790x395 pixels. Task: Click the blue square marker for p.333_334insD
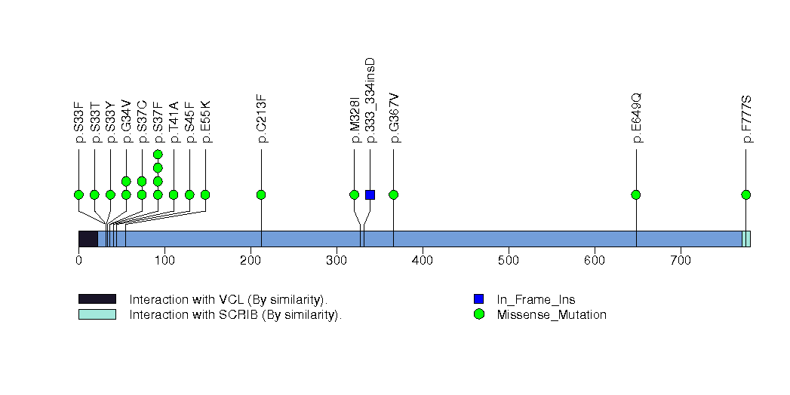(370, 194)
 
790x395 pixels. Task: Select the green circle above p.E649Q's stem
(636, 194)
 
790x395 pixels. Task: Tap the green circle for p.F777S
(746, 194)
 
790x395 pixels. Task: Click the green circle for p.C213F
(261, 194)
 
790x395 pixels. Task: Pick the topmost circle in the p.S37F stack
(158, 155)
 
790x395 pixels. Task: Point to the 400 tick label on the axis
(423, 261)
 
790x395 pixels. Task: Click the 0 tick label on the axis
(78, 261)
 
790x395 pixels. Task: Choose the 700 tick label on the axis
(681, 261)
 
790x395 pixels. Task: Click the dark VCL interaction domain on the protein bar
(88, 239)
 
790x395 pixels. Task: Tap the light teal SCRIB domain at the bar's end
(746, 239)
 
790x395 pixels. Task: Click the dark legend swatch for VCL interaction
(97, 299)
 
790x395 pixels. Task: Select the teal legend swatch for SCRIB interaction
(97, 314)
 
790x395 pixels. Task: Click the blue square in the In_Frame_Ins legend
(478, 299)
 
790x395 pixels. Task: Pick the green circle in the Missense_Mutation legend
(478, 314)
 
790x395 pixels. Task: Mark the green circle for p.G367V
(393, 194)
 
